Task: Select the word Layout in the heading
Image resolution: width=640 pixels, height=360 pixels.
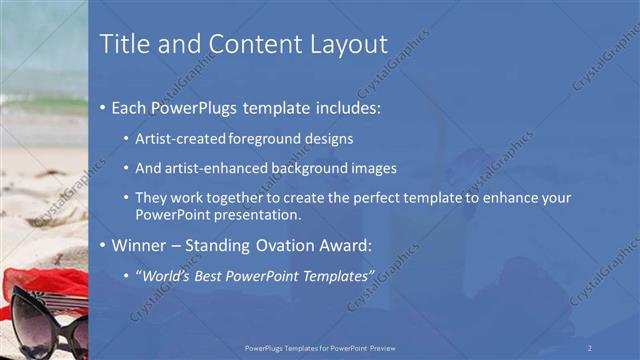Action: (x=346, y=44)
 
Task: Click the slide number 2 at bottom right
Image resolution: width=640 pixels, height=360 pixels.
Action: (x=590, y=347)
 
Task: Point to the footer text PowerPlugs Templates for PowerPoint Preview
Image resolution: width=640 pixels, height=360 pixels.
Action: (x=320, y=347)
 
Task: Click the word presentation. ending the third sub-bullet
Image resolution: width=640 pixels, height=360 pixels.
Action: (x=258, y=214)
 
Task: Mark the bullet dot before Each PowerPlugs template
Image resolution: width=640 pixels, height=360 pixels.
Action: (x=103, y=106)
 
